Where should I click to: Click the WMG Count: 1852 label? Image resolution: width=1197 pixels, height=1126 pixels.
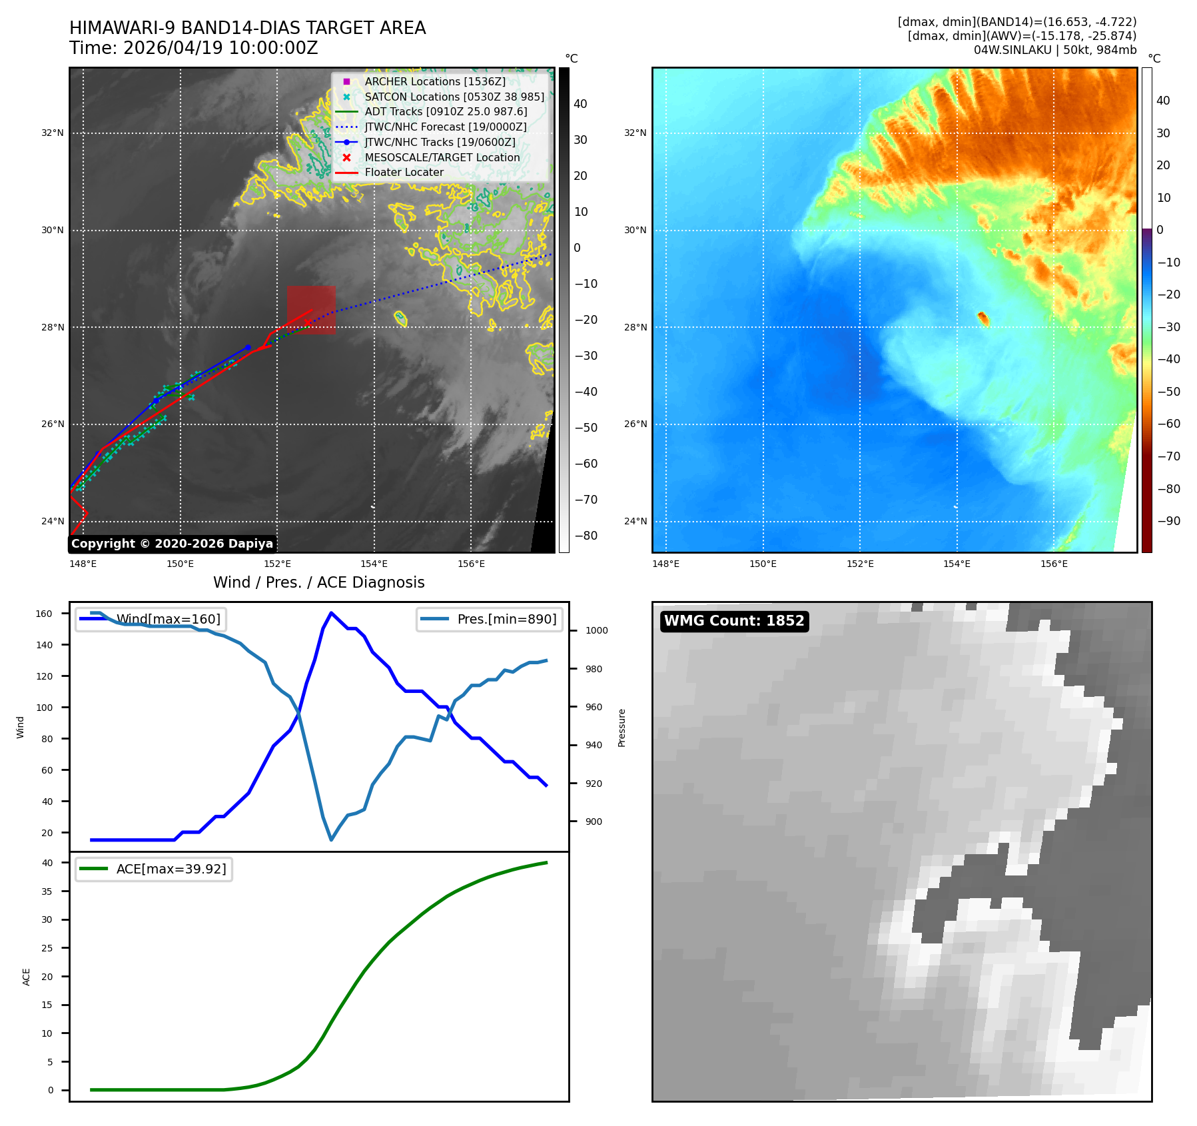[x=734, y=621]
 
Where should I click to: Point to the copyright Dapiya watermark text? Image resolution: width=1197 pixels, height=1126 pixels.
[x=172, y=544]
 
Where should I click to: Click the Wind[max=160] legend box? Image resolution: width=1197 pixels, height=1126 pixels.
[x=151, y=619]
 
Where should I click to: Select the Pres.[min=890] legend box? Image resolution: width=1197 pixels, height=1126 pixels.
[x=490, y=619]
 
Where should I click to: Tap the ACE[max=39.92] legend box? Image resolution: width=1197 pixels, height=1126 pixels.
[x=154, y=869]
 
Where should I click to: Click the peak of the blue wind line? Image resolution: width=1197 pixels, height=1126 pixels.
[x=331, y=613]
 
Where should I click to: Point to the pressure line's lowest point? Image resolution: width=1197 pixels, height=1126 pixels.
[x=331, y=840]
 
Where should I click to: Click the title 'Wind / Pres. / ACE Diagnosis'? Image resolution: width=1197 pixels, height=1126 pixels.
[x=319, y=582]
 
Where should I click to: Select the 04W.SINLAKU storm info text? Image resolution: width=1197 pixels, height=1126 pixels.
[x=1055, y=50]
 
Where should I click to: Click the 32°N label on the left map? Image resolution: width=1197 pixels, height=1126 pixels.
[x=53, y=133]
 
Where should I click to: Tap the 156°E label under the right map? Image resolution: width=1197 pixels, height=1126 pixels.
[x=1054, y=564]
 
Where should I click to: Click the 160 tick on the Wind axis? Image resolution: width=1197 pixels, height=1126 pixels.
[x=44, y=614]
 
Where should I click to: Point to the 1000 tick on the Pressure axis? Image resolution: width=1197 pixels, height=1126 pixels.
[x=597, y=630]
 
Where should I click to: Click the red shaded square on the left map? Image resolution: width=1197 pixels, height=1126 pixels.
[x=311, y=310]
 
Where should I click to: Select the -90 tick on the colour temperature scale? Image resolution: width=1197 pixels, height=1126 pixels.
[x=1168, y=521]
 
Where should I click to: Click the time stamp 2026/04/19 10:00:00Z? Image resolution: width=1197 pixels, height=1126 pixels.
[x=220, y=48]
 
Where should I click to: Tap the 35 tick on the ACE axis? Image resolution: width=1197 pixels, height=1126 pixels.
[x=47, y=891]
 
